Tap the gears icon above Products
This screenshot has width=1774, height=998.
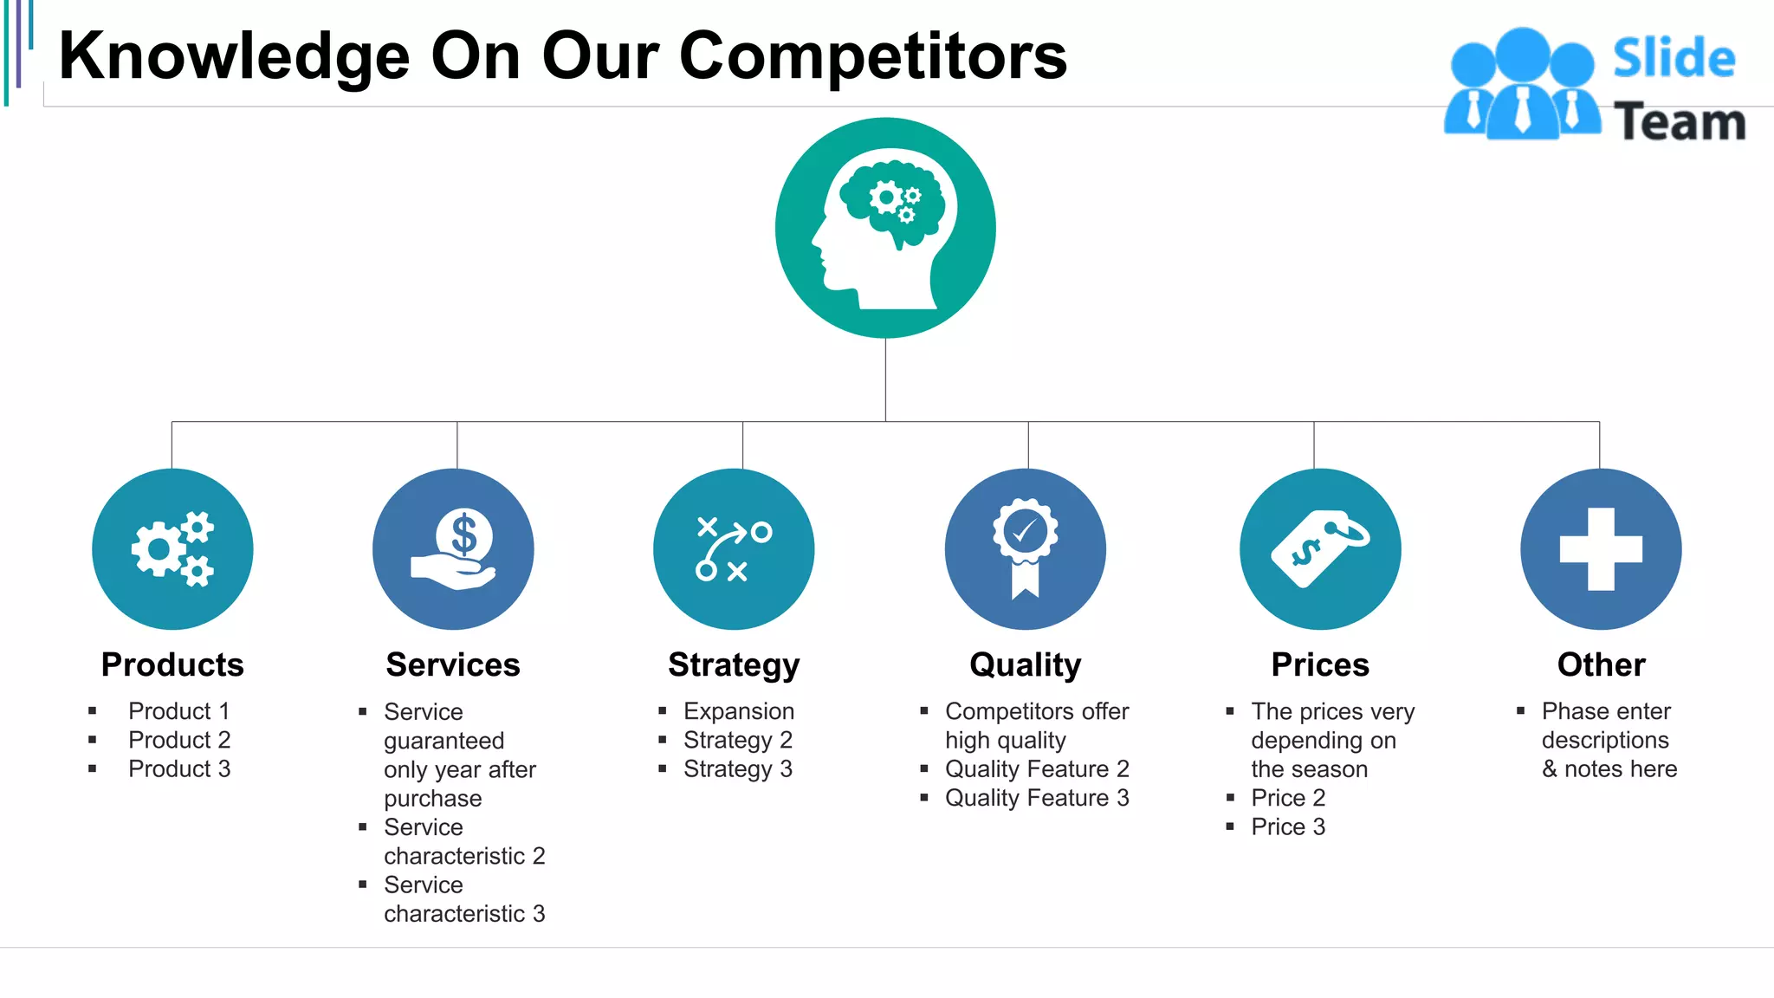pyautogui.click(x=172, y=549)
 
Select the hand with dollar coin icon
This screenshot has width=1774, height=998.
pyautogui.click(x=453, y=549)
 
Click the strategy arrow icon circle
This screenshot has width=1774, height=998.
pyautogui.click(x=734, y=549)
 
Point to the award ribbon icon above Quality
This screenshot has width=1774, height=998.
pyautogui.click(x=1026, y=549)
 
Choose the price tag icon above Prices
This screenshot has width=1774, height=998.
pyautogui.click(x=1320, y=549)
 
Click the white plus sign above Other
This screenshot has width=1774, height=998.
pyautogui.click(x=1601, y=549)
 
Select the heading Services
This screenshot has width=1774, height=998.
pyautogui.click(x=453, y=664)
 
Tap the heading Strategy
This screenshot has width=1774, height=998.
pyautogui.click(x=734, y=664)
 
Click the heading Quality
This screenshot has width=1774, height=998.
pyautogui.click(x=1026, y=664)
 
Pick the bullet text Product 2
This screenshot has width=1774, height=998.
pyautogui.click(x=179, y=740)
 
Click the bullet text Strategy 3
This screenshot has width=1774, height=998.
pyautogui.click(x=738, y=768)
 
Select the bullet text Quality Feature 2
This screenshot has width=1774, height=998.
pyautogui.click(x=1037, y=768)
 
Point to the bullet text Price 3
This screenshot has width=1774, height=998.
pyautogui.click(x=1288, y=826)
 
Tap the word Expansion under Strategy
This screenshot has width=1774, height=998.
pyautogui.click(x=739, y=711)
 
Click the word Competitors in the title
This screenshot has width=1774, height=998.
pyautogui.click(x=873, y=56)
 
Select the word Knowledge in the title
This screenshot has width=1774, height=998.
pyautogui.click(x=234, y=56)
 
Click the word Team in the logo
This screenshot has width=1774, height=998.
pyautogui.click(x=1680, y=121)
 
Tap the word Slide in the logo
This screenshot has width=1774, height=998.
pyautogui.click(x=1674, y=59)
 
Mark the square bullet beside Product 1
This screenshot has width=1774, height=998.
pyautogui.click(x=93, y=711)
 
